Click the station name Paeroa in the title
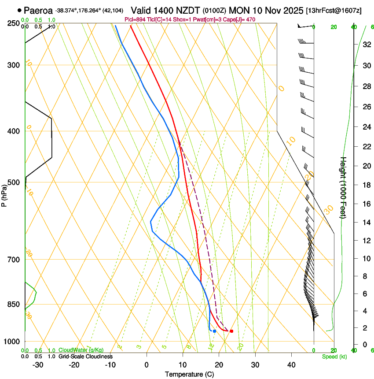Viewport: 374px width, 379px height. (38, 10)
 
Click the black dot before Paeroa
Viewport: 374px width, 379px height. (19, 10)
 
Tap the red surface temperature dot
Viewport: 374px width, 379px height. (231, 331)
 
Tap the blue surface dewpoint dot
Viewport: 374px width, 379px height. (214, 331)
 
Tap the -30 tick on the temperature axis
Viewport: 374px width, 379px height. (37, 365)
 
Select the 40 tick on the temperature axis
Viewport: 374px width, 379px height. (291, 365)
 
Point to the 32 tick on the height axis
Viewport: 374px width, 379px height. (366, 44)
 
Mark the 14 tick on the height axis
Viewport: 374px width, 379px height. (366, 223)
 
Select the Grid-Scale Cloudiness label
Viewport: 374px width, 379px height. (85, 357)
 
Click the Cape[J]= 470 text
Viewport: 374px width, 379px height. (240, 20)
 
